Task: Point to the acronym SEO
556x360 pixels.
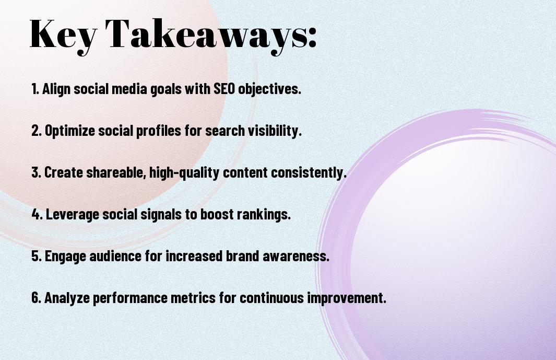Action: tap(224, 89)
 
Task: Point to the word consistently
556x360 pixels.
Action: tap(309, 173)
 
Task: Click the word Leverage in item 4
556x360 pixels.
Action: tap(73, 215)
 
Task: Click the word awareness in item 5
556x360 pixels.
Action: tap(295, 256)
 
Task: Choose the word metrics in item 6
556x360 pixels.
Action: tap(193, 298)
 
